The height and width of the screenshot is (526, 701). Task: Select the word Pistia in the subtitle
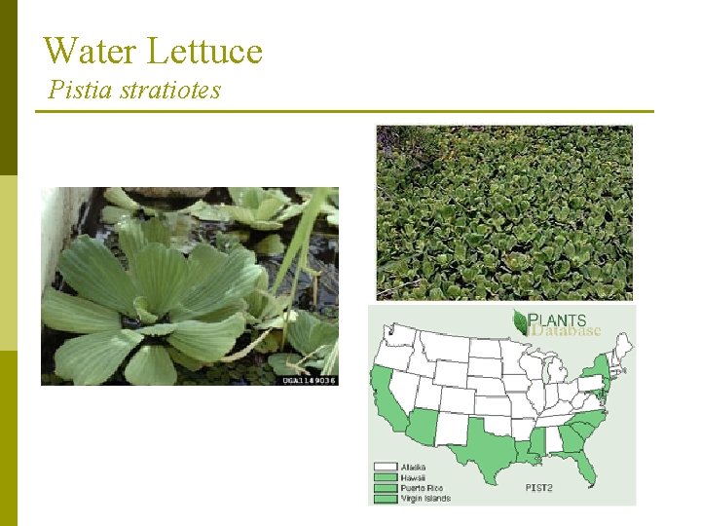coord(81,91)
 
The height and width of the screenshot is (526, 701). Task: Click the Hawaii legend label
coord(413,477)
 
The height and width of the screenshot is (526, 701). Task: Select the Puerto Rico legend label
coord(421,488)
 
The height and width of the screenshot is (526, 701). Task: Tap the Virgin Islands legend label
coord(425,498)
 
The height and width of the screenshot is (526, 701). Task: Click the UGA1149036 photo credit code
coord(310,380)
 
